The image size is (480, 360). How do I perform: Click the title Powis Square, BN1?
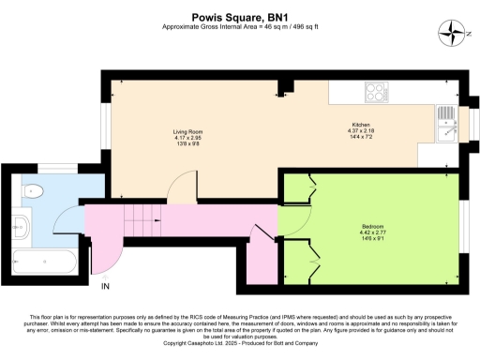point(239,16)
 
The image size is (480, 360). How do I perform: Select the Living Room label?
point(188,132)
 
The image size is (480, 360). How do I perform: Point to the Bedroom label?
point(372,226)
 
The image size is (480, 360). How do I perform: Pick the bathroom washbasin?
point(22,225)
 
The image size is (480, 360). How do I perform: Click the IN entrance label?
point(105,284)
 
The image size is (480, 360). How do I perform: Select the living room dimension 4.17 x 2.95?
point(188,139)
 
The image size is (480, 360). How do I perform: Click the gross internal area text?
point(239,28)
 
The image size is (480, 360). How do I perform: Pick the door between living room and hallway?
point(178,192)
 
